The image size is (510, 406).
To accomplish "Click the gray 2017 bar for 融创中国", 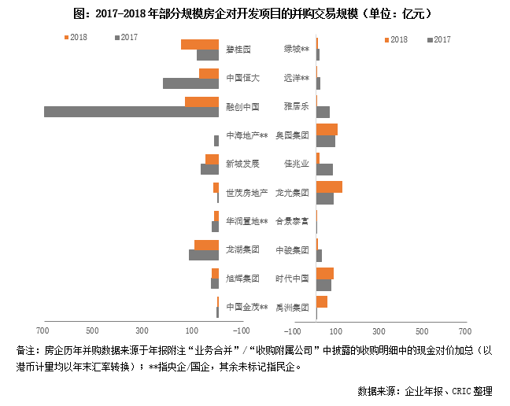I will (131, 112).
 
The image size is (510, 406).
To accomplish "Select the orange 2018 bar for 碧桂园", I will (199, 44).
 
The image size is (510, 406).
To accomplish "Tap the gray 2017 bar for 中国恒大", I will (190, 83).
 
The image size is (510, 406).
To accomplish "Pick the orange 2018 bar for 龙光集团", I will (329, 186).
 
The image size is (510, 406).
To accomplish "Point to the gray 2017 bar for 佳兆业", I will (324, 169).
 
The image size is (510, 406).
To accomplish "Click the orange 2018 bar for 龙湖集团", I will (206, 245).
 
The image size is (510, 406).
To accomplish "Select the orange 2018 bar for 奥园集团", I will (327, 129).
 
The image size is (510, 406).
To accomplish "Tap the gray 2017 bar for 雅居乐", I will (323, 112).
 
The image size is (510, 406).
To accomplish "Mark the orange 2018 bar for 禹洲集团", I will (322, 301).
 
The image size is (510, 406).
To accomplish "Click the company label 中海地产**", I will (246, 135).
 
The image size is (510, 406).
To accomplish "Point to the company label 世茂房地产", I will (246, 193).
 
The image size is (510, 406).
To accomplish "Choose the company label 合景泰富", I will (292, 221).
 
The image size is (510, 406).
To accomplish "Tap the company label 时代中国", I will (292, 279).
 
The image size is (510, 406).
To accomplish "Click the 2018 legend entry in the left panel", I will (76, 37).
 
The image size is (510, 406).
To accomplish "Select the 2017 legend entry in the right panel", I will (439, 39).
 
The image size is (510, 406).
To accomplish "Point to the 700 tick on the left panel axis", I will (42, 330).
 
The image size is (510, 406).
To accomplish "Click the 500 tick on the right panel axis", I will (422, 330).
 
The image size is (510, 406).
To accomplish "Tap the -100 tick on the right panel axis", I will (295, 330).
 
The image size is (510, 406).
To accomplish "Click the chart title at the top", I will (254, 14).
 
